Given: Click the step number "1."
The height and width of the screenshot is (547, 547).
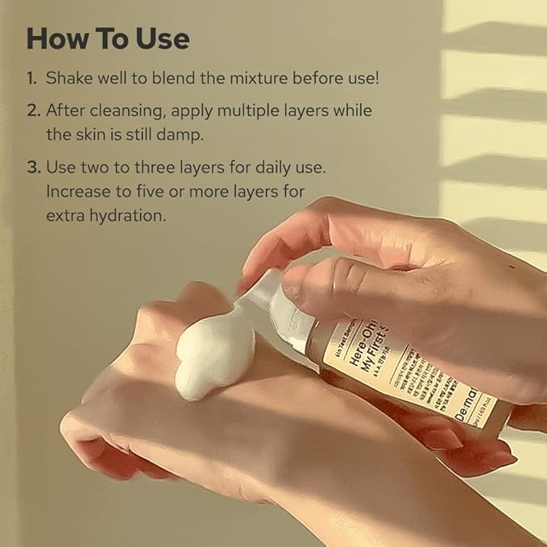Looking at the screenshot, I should point(31,79).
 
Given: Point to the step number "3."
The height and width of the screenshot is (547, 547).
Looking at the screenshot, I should point(32,170).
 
